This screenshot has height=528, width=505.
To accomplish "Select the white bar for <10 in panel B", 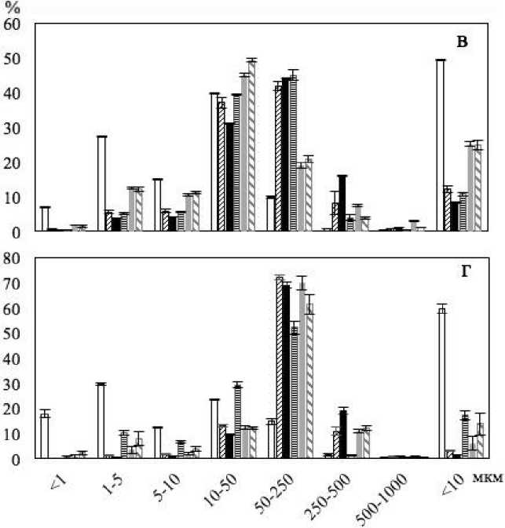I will click(x=441, y=145).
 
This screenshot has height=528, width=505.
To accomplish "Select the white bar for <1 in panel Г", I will click(x=45, y=436).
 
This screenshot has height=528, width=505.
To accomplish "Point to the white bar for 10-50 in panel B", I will click(x=214, y=162).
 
